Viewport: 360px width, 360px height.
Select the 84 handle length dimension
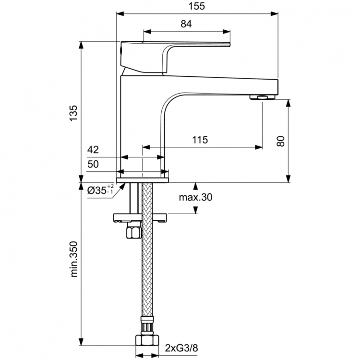click(187, 24)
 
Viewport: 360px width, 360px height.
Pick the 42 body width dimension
click(93, 150)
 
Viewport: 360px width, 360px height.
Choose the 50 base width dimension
click(93, 164)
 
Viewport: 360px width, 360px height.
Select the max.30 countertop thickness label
click(195, 197)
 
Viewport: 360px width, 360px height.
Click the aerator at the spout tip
click(262, 97)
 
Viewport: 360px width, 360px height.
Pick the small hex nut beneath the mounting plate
click(132, 233)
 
